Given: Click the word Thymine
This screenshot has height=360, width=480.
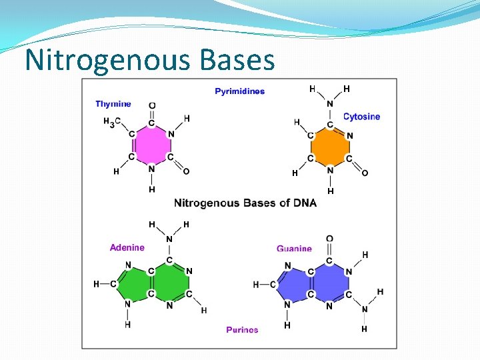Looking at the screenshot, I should click(113, 104).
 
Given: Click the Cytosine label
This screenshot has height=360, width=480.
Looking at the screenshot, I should click(361, 117).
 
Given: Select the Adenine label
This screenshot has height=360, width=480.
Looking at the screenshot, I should click(127, 247).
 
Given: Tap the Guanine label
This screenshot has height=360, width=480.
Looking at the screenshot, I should click(294, 249).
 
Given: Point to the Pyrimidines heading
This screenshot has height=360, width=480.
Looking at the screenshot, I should click(239, 91).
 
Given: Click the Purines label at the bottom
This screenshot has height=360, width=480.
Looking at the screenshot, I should click(242, 329).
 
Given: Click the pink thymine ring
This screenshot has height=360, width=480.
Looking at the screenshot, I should click(151, 145).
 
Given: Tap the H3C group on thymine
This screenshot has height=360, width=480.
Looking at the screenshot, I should click(111, 122).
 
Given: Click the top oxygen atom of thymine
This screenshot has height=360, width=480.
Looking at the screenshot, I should click(152, 105).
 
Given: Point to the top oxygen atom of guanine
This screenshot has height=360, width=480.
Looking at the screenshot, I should click(329, 239).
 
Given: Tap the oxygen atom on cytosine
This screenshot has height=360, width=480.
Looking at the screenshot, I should click(365, 173).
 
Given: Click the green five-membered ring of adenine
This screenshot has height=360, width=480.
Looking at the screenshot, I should click(136, 283).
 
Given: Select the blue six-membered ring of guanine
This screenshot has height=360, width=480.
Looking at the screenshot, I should click(329, 283).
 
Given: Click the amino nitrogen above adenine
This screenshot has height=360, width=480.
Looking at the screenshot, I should click(169, 239).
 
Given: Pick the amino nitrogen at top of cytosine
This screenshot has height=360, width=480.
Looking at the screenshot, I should click(329, 103).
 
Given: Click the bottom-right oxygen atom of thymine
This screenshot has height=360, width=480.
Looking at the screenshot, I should click(186, 171).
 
